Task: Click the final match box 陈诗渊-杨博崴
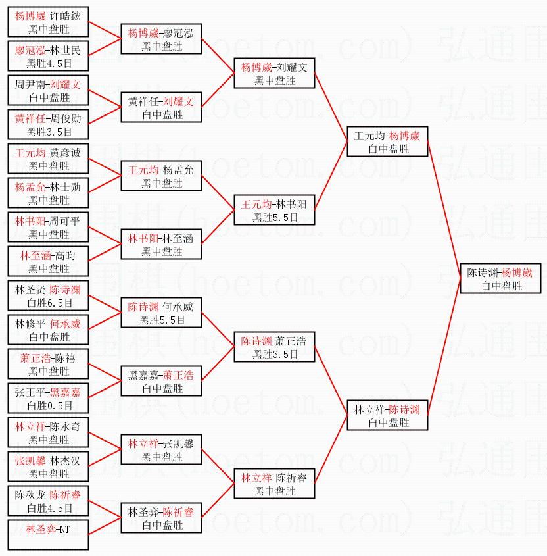tap(500, 279)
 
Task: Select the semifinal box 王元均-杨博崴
tap(387, 142)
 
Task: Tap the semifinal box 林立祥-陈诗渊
tap(387, 416)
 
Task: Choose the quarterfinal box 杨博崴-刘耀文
tap(274, 74)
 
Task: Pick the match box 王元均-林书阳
tap(274, 211)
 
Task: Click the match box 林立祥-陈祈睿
tap(274, 484)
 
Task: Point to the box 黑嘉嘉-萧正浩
tap(161, 382)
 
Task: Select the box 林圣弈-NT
tap(48, 536)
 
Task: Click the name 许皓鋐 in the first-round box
tap(64, 16)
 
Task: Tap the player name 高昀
tap(64, 256)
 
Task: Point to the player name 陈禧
tap(64, 359)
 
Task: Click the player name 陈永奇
tap(64, 427)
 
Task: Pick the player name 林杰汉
tap(64, 461)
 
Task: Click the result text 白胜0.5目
tap(48, 405)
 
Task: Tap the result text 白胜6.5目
tap(48, 303)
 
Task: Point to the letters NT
tap(63, 530)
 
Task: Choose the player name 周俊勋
tap(64, 119)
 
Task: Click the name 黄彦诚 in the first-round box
tap(64, 153)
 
